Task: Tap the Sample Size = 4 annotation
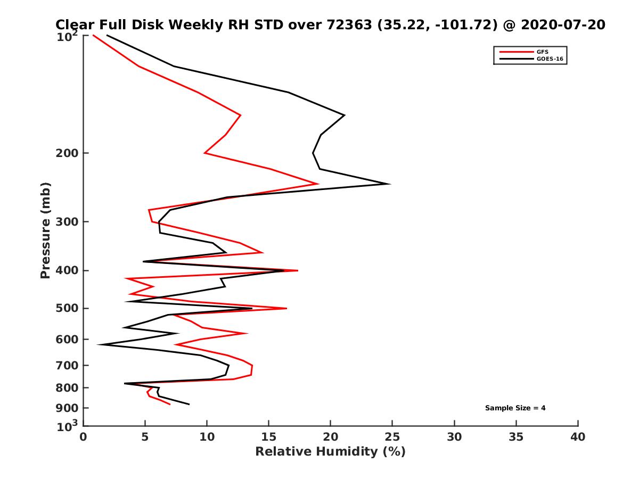[515, 408]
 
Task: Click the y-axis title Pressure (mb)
[45, 230]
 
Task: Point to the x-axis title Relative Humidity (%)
[330, 452]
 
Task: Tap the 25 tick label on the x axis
[392, 437]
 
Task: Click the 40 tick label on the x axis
[578, 437]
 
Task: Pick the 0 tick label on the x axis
[83, 437]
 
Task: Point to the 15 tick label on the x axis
[268, 437]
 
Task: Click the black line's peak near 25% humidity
[390, 184]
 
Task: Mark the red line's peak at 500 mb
[287, 308]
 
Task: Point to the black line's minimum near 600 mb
[98, 345]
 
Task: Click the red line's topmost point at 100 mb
[93, 36]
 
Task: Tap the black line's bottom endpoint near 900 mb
[189, 404]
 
